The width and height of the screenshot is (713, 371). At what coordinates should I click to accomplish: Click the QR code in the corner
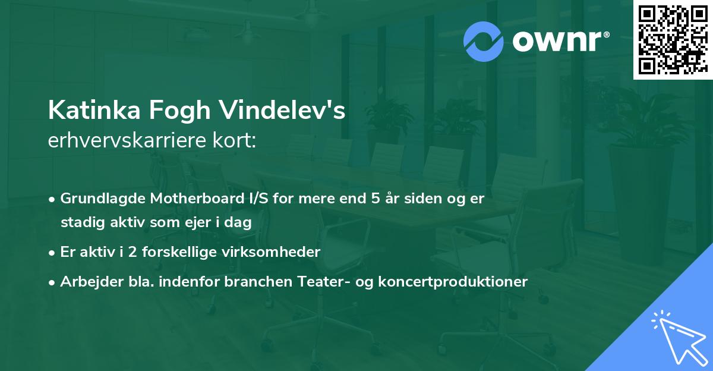point(672,39)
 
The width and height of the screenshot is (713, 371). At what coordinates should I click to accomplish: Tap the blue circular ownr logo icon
point(484,42)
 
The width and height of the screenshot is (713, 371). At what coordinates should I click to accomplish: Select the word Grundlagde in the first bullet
point(96,198)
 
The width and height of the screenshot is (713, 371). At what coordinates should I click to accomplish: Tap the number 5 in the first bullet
point(375,198)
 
